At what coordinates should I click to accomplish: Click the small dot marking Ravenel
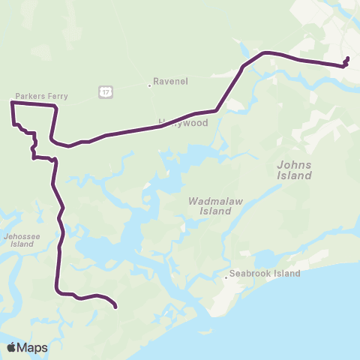click(149, 85)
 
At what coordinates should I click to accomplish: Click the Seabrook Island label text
click(265, 274)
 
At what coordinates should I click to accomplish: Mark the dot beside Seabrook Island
click(226, 278)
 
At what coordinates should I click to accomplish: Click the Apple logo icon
click(12, 347)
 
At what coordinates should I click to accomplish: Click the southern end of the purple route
click(115, 306)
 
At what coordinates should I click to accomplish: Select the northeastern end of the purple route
click(348, 58)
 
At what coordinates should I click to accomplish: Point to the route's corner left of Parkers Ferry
click(12, 104)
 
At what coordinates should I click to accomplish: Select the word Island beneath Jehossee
click(22, 244)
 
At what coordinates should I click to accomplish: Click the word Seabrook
click(253, 274)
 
